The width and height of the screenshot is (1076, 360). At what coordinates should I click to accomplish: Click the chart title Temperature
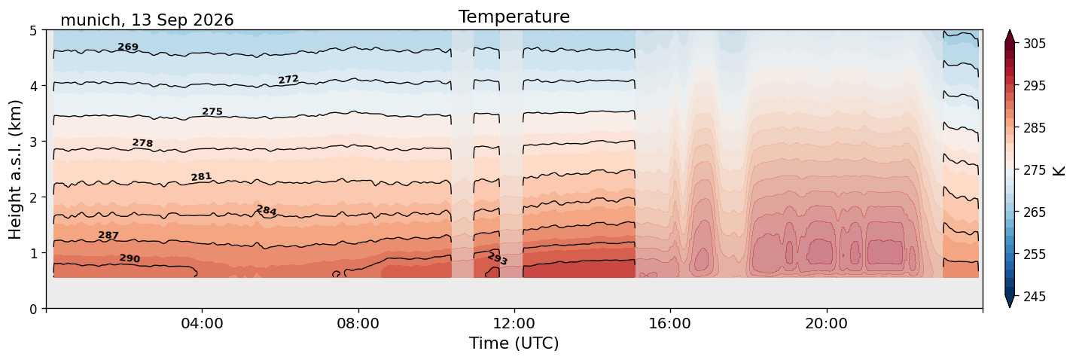[x=514, y=17]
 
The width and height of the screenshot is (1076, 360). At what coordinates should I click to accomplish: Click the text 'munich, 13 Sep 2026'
[x=147, y=20]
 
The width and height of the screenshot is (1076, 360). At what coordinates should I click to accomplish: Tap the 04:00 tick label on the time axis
[x=202, y=323]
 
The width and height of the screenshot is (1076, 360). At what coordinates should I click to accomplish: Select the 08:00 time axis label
[x=358, y=323]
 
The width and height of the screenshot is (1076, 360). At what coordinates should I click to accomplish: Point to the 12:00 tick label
[x=514, y=323]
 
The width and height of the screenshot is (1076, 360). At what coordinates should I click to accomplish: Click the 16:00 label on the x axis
[x=670, y=323]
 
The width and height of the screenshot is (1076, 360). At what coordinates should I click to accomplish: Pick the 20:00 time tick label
[x=826, y=323]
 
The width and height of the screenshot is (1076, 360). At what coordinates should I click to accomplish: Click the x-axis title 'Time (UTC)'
[x=514, y=343]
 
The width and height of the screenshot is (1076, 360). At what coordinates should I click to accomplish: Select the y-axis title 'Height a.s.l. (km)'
[x=15, y=169]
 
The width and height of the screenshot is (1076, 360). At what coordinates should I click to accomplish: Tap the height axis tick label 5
[x=33, y=31]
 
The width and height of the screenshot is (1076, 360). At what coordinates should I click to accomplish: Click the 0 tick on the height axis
[x=33, y=309]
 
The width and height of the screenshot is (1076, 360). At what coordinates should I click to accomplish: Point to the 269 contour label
[x=128, y=47]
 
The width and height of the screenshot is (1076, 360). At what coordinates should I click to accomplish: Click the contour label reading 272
[x=288, y=79]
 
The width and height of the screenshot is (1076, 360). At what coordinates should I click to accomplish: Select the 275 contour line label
[x=212, y=111]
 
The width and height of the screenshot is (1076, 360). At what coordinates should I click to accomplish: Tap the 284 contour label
[x=266, y=211]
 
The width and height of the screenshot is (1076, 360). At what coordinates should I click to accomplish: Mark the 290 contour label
[x=130, y=258]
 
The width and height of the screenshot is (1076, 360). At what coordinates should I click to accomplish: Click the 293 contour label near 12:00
[x=498, y=259]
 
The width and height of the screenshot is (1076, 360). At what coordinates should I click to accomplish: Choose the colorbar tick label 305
[x=1034, y=44]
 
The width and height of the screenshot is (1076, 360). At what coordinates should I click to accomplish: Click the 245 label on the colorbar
[x=1034, y=297]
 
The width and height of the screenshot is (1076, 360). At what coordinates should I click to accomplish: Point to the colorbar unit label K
[x=1058, y=170]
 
